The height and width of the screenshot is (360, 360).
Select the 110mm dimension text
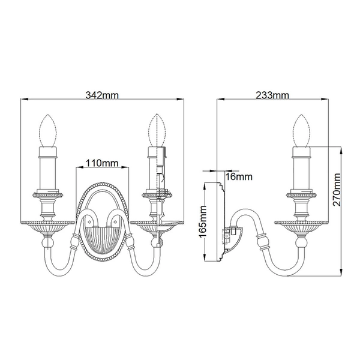pos(101,163)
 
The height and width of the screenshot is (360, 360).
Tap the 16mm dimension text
pos(239,176)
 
